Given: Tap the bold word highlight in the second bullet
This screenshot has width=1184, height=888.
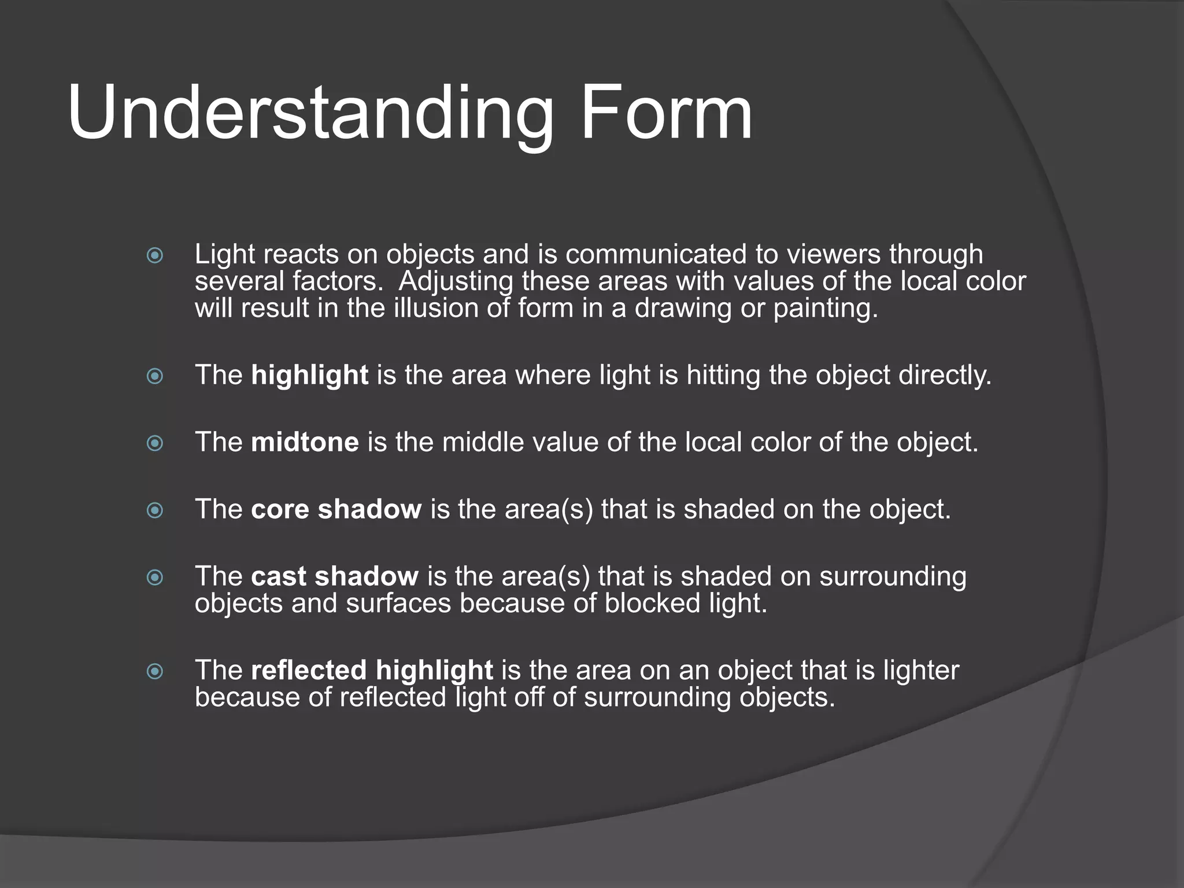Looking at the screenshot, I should pyautogui.click(x=310, y=376).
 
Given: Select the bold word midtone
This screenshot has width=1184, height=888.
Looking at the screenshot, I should pyautogui.click(x=305, y=442).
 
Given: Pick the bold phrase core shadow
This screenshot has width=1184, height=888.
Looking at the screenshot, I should pyautogui.click(x=336, y=509).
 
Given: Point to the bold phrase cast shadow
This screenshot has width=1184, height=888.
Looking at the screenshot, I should pyautogui.click(x=335, y=576).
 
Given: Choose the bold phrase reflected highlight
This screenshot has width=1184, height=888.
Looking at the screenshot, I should pyautogui.click(x=372, y=671).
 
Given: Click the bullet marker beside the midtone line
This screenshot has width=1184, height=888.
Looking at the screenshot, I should pyautogui.click(x=155, y=443).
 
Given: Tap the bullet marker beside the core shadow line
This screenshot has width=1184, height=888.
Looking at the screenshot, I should pyautogui.click(x=155, y=510).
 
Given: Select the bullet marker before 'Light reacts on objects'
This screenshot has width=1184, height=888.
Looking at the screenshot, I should pyautogui.click(x=155, y=255).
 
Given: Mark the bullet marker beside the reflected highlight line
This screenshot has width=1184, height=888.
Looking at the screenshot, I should pyautogui.click(x=155, y=672).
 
